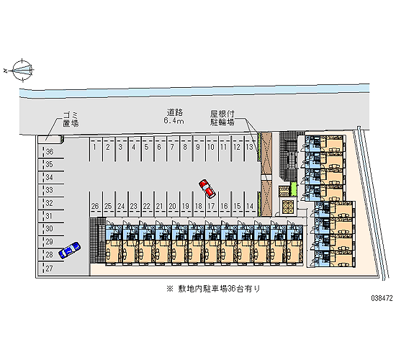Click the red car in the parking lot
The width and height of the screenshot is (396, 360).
(x=207, y=189)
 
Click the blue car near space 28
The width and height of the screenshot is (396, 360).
(x=69, y=250)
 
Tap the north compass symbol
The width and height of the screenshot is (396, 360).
(x=22, y=71)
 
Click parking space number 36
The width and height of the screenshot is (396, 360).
(x=50, y=152)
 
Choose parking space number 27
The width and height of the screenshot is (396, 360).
(x=50, y=269)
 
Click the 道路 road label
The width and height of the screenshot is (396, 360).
(x=174, y=112)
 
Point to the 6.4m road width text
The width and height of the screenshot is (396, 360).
(x=174, y=121)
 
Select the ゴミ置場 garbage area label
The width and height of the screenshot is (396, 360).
(x=71, y=120)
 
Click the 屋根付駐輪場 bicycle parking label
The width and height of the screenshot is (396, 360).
(x=222, y=118)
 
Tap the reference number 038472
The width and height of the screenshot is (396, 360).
(x=382, y=298)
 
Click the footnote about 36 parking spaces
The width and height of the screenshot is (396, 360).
(x=213, y=289)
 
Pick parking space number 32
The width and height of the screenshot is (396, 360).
(x=50, y=203)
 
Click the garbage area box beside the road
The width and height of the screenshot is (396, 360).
(x=50, y=140)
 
